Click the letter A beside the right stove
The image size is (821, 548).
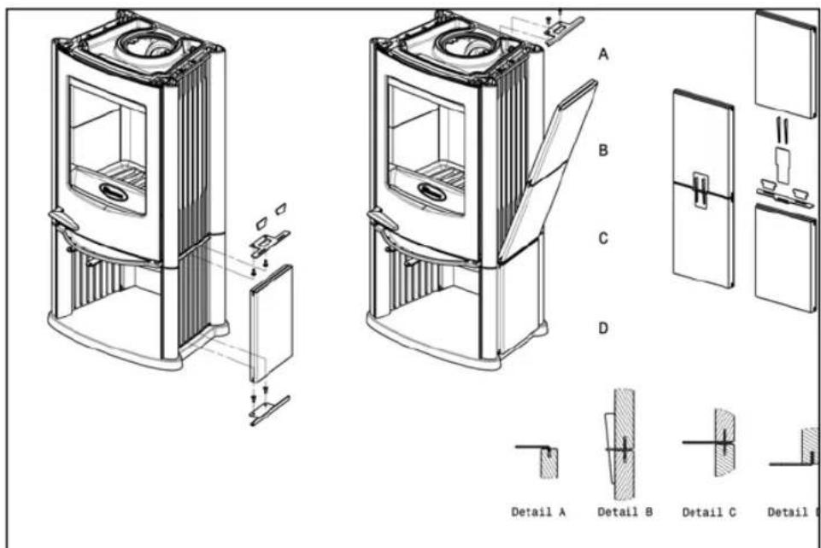[x=603, y=54]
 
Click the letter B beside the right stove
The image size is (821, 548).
[x=603, y=151]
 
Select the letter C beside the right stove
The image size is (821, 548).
[x=603, y=239]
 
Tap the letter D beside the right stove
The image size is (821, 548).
[x=603, y=328]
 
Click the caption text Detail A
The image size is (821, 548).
[x=538, y=512]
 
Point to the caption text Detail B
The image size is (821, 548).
[x=625, y=512]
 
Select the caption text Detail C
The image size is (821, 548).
[x=710, y=512]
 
